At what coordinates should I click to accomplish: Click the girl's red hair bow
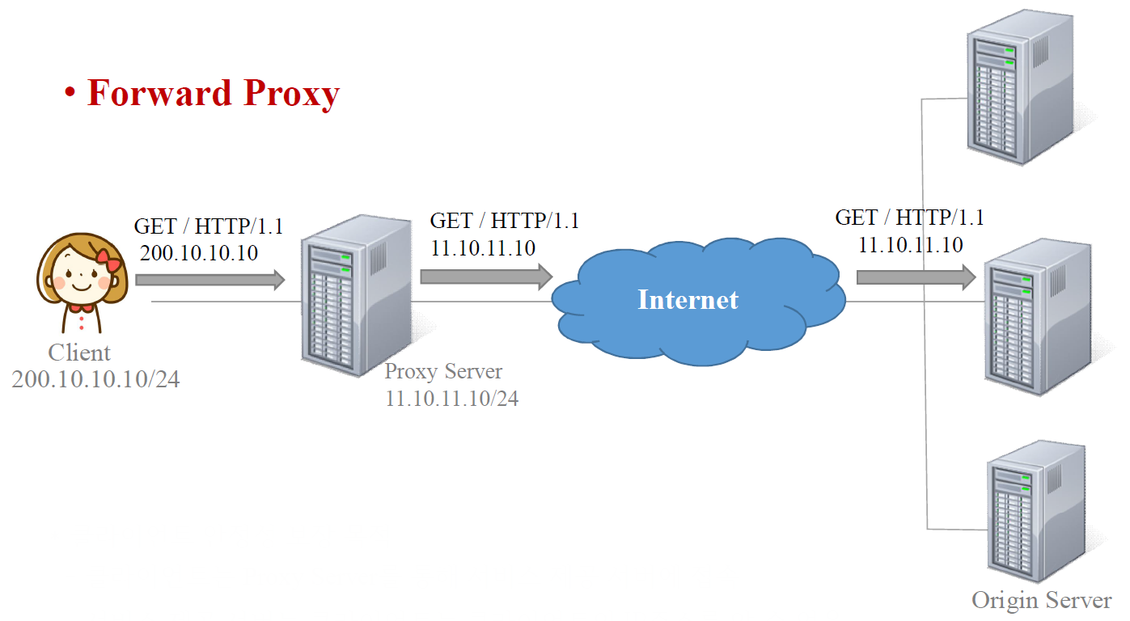[107, 260]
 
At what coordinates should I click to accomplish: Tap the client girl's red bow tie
[80, 307]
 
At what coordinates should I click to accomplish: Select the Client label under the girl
[79, 353]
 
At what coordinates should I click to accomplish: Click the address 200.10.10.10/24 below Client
[95, 378]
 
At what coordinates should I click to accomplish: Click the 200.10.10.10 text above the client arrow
[199, 253]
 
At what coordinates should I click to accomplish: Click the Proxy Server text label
[443, 372]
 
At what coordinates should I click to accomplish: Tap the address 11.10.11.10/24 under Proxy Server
[452, 398]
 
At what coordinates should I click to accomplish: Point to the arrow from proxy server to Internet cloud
[486, 277]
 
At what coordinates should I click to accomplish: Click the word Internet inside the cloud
[688, 300]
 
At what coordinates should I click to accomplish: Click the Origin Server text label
[1042, 601]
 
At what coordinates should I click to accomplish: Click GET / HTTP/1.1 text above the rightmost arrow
[909, 218]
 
